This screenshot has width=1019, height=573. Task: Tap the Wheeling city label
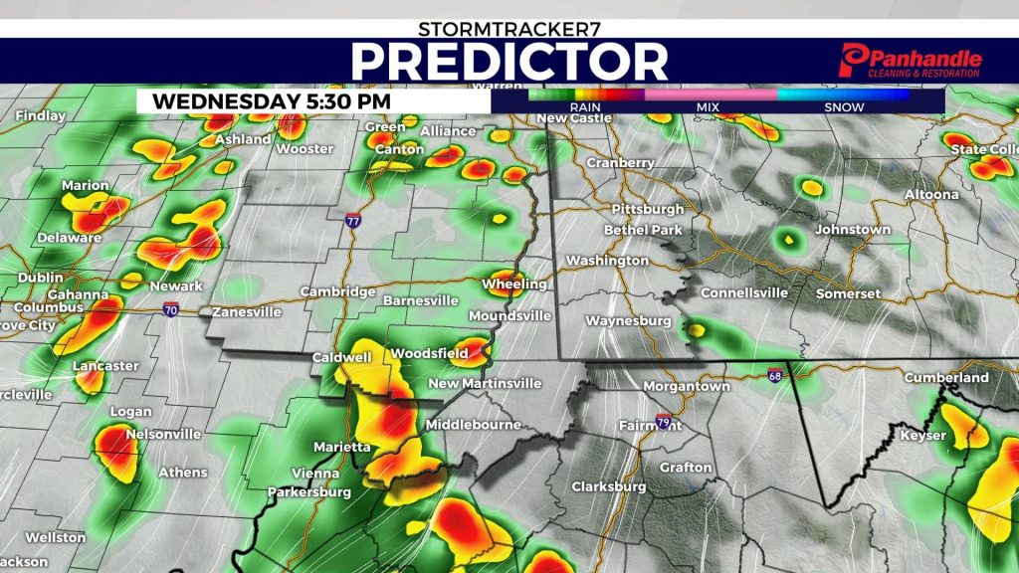[513, 285]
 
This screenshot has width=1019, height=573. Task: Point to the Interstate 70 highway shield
[172, 310]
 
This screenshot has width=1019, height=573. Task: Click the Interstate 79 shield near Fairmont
[664, 421]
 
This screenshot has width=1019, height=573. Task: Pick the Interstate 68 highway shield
[775, 376]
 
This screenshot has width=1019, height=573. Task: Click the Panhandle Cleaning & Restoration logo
[911, 61]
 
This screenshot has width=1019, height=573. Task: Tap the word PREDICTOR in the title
[509, 62]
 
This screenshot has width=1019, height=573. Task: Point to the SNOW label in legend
[844, 107]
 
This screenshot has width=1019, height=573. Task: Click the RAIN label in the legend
[585, 107]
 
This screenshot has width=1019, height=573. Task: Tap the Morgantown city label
[687, 386]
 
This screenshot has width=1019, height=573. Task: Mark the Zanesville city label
[245, 312]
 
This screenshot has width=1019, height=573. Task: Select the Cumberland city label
[945, 378]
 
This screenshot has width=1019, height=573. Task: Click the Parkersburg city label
[309, 492]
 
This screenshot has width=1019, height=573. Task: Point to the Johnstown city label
[852, 230]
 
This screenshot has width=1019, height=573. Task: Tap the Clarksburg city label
[608, 487]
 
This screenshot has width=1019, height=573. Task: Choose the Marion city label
[85, 186]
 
